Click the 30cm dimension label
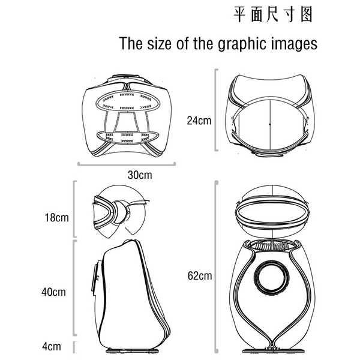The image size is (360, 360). pos(140,175)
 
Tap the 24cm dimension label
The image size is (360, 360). pos(199,121)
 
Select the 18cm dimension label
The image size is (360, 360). pos(56,218)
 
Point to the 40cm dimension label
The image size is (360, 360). pos(53,292)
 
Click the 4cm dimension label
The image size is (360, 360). pos(52,346)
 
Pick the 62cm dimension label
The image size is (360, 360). pos(200,275)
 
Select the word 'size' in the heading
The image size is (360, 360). pos(159,43)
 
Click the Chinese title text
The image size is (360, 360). pos(273,14)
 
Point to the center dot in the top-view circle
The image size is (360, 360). pos(270,124)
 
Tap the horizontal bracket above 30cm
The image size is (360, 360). pos(127,164)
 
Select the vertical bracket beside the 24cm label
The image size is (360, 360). pos(215,110)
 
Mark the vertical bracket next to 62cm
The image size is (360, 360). pos(216,267)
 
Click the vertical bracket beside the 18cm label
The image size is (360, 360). pos(74,209)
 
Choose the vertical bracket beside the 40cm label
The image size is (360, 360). pos(74,288)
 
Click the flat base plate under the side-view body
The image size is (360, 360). pos(132,351)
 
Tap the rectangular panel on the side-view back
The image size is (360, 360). pos(95,279)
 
